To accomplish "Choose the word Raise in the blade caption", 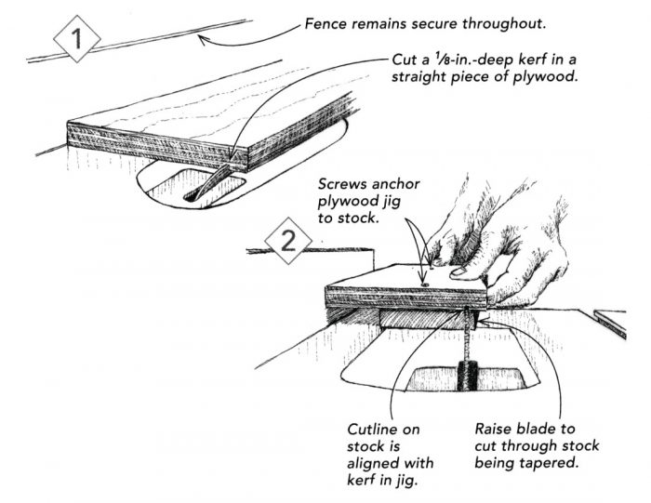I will click(496, 430).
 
